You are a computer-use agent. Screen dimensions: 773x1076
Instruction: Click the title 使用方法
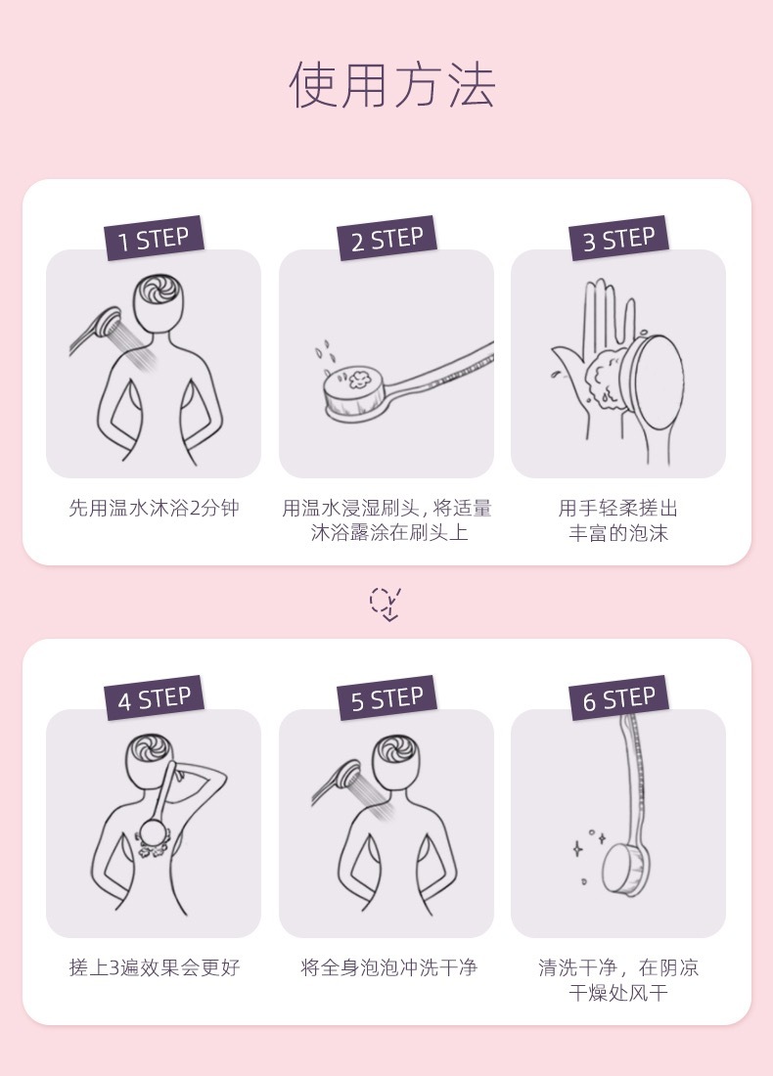[x=392, y=84]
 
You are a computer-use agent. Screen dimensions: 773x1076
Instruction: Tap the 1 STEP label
[x=154, y=238]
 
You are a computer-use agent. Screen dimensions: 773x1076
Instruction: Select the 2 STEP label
[x=386, y=238]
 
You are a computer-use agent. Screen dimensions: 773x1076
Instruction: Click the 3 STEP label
[x=618, y=238]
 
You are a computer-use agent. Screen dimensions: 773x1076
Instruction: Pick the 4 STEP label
[x=154, y=697]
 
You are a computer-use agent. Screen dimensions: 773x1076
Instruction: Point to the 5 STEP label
[x=386, y=697]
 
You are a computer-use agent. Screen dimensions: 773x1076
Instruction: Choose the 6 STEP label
[x=618, y=697]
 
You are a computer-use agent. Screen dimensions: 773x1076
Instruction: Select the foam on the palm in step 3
[x=607, y=376]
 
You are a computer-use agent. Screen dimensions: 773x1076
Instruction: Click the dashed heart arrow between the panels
[x=386, y=604]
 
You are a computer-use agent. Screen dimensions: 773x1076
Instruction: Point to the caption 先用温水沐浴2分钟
[x=154, y=508]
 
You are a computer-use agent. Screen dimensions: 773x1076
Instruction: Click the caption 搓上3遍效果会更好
[x=155, y=967]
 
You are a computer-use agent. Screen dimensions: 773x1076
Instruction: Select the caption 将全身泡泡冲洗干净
[x=388, y=967]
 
